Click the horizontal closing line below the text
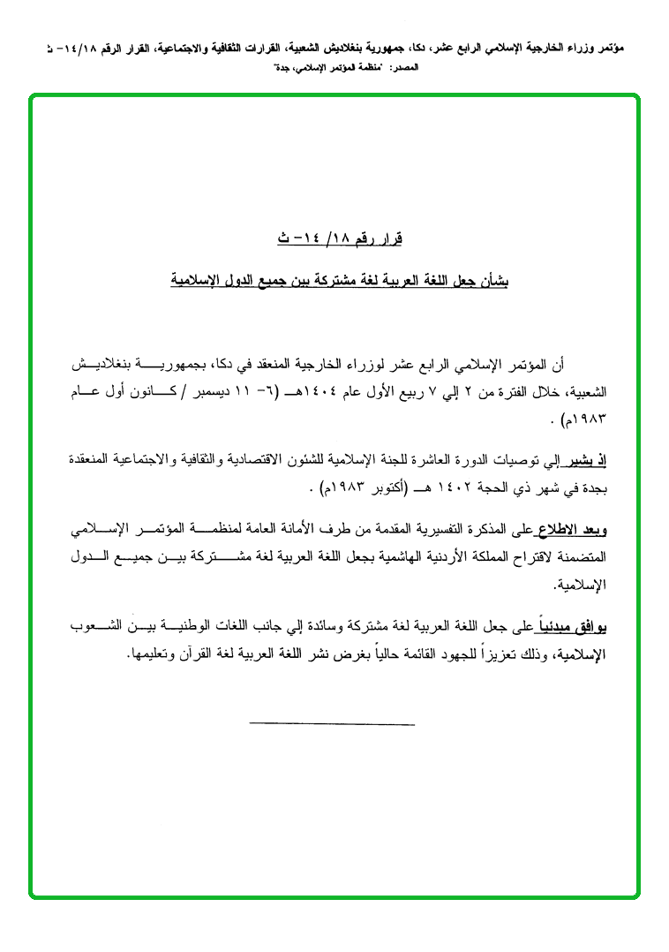(332, 723)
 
